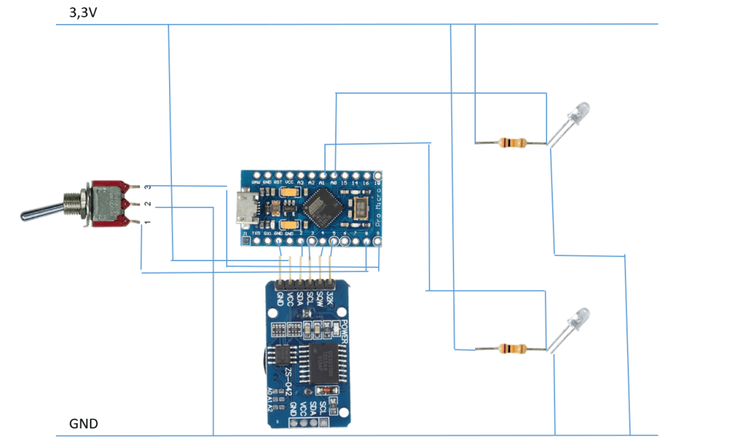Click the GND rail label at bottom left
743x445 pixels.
point(83,424)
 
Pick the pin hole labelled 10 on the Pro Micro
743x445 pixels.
point(377,176)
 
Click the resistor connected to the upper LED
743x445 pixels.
point(512,143)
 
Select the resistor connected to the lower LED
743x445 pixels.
point(512,349)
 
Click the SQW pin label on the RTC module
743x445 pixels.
point(320,296)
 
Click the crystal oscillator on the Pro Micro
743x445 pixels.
point(360,209)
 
